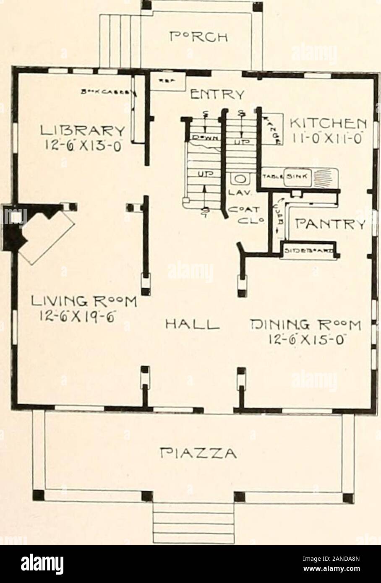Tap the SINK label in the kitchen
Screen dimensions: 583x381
point(297,177)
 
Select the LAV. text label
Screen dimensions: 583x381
point(240,193)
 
